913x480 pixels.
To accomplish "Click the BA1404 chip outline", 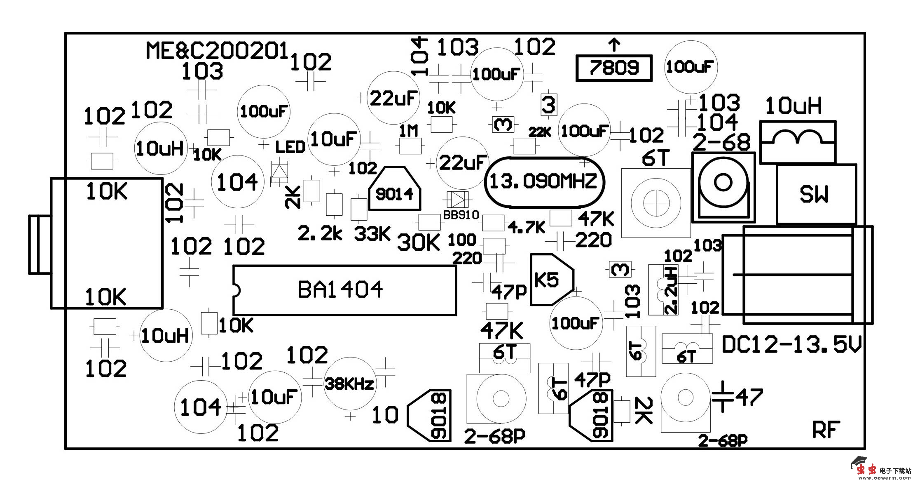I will [x=344, y=290].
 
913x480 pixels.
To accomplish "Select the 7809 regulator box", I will [x=614, y=68].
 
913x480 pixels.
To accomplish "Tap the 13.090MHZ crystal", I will [x=543, y=181].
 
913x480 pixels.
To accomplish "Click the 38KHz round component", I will [x=349, y=384].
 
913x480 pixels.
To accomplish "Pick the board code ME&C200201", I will [x=217, y=51].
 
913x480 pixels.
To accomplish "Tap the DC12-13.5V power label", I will [x=791, y=345].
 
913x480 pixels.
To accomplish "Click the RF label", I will [x=826, y=430].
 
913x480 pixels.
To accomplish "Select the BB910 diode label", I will [x=461, y=215].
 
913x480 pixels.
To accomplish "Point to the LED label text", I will [x=290, y=147].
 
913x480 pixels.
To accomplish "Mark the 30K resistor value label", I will [x=419, y=243].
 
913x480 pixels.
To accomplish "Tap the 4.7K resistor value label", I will [x=527, y=227].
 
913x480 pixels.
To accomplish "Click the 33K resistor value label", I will [x=372, y=234].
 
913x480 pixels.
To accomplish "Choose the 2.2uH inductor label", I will [x=671, y=290].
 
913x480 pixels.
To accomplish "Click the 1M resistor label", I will [x=409, y=131].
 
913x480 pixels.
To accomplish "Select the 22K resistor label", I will [x=540, y=132].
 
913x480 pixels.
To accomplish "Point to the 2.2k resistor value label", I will [x=320, y=234].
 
